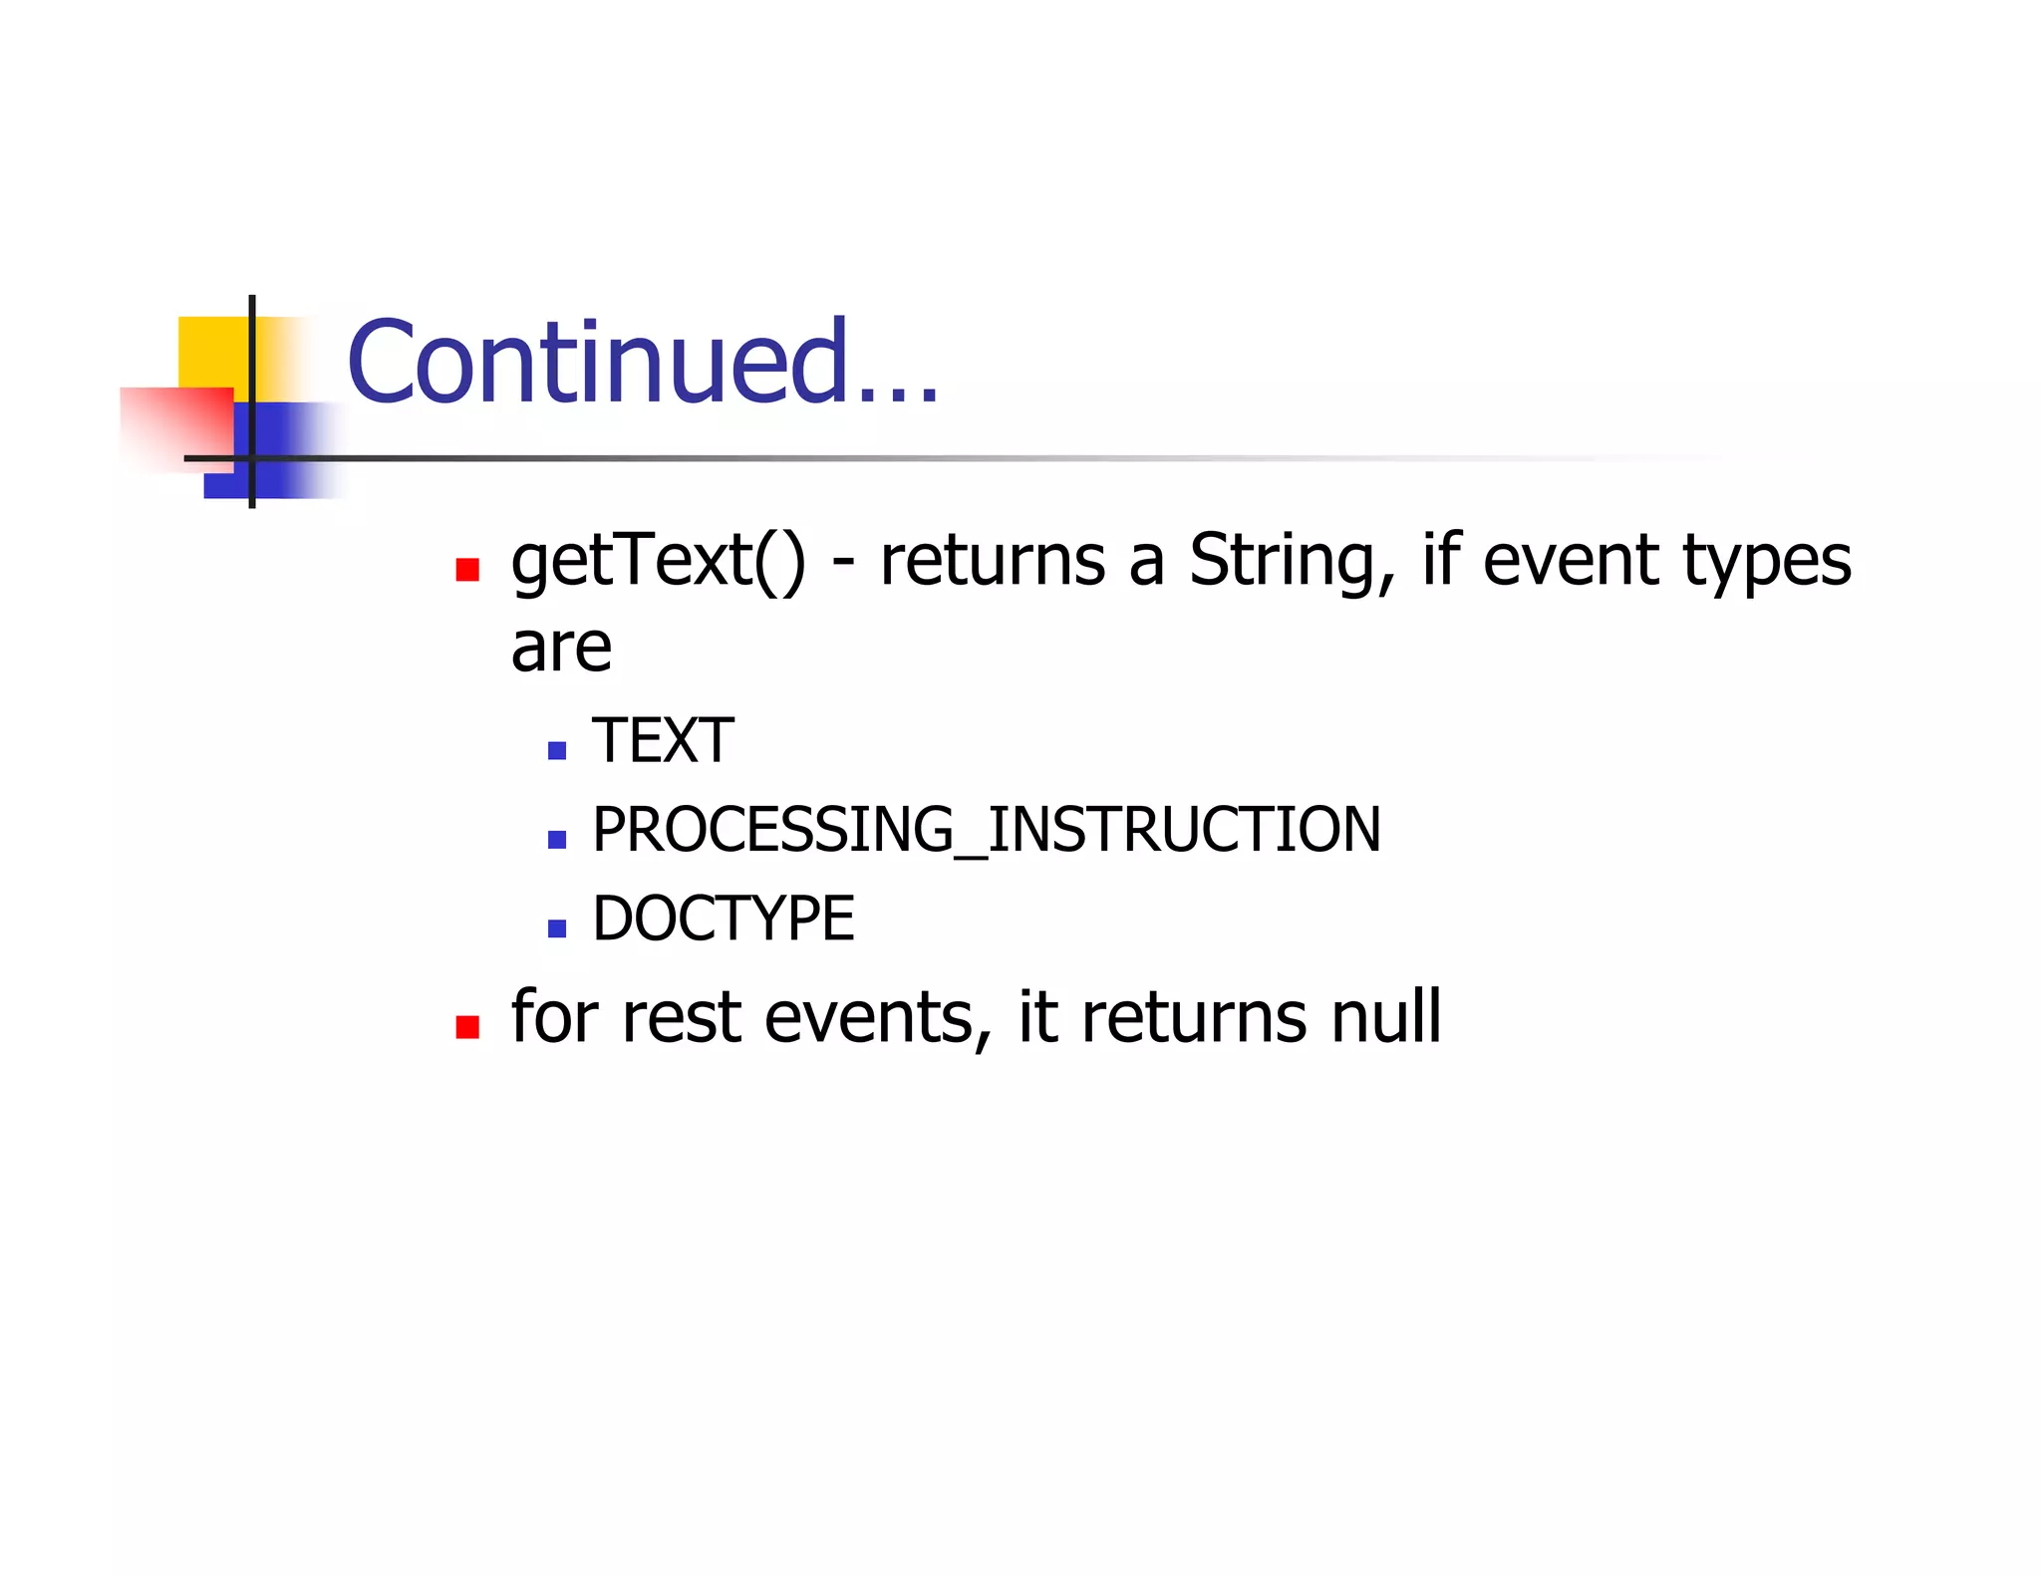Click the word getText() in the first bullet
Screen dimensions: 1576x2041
tap(658, 561)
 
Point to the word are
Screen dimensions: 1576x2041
tap(561, 649)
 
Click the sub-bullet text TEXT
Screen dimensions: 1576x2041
tap(663, 740)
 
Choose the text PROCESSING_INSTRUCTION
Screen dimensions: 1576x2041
tap(986, 829)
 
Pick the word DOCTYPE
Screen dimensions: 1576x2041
tap(723, 918)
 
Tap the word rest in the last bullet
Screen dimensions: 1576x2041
tap(681, 1018)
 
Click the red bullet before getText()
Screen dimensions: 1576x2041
tap(467, 570)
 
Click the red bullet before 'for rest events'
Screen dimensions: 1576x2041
tap(467, 1027)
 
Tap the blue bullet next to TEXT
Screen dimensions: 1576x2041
tap(557, 750)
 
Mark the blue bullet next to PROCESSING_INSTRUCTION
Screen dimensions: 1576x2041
tap(557, 840)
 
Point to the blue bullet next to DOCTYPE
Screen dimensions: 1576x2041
tap(557, 928)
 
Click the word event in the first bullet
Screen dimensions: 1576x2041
tap(1571, 561)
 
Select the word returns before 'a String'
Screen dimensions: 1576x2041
tap(992, 561)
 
